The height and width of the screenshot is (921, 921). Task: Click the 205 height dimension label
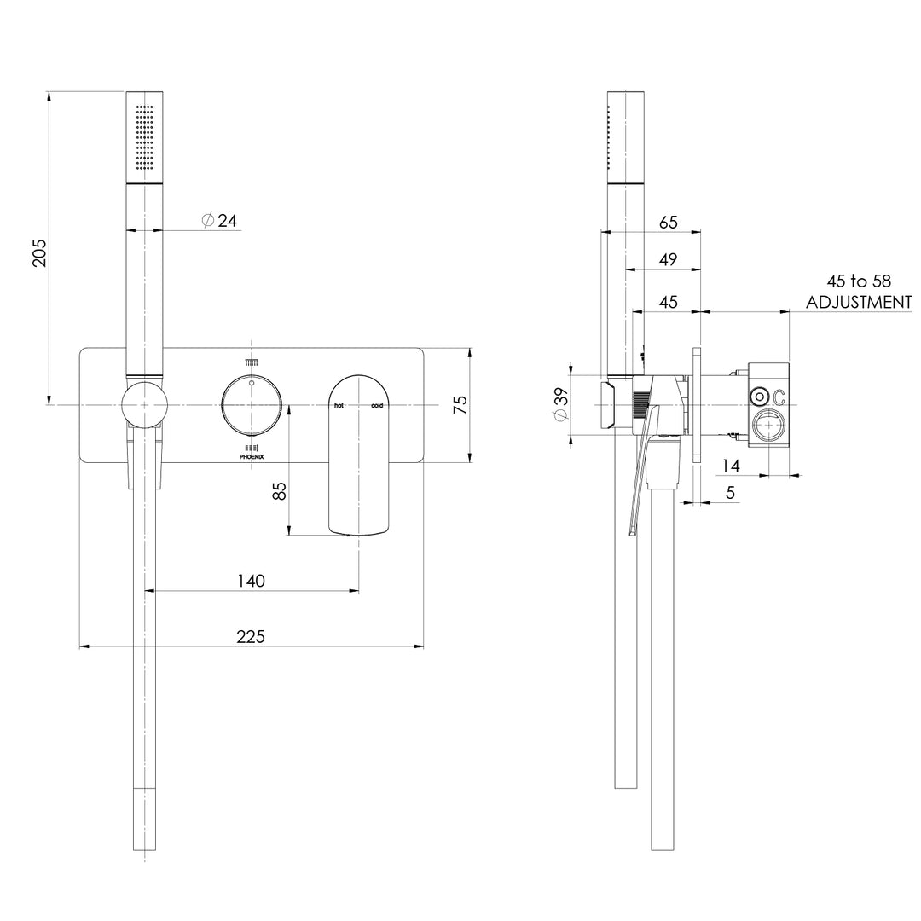pos(39,252)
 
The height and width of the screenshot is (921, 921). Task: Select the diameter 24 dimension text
pos(219,220)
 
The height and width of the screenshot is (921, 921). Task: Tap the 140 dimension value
pos(251,581)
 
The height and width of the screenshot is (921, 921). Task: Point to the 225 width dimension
pos(251,636)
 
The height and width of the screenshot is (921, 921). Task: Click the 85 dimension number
pos(281,490)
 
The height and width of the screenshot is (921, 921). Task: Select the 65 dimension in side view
pos(669,222)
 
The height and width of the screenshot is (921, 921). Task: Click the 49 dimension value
pos(668,259)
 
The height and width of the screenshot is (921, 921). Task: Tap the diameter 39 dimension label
pos(560,404)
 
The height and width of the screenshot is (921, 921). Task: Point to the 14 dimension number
pos(731,466)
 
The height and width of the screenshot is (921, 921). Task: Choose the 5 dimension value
pos(730,492)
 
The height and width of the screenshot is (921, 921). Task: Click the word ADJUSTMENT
pos(859,302)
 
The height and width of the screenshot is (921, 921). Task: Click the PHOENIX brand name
pos(252,457)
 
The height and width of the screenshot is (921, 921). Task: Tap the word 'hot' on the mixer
pos(339,405)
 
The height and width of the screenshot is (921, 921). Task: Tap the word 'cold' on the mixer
pos(377,405)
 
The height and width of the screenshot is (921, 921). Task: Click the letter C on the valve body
pos(779,397)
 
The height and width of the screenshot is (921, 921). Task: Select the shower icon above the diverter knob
pos(252,362)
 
